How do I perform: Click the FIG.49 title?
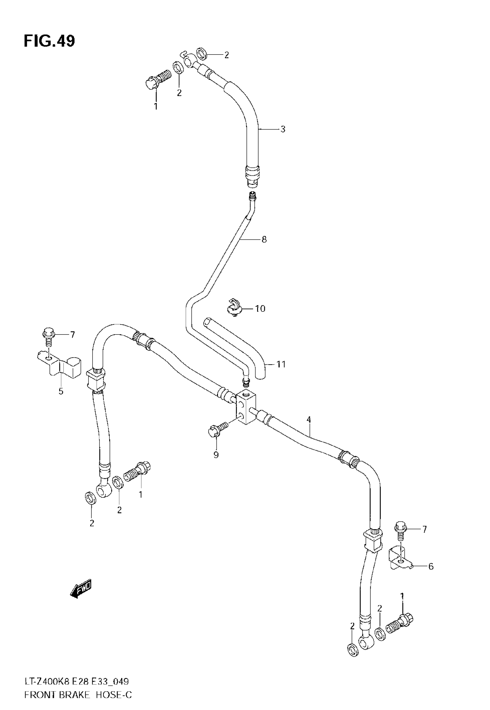point(49,41)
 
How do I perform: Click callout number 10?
point(260,308)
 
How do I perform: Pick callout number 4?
point(308,420)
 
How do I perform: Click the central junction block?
point(246,406)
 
